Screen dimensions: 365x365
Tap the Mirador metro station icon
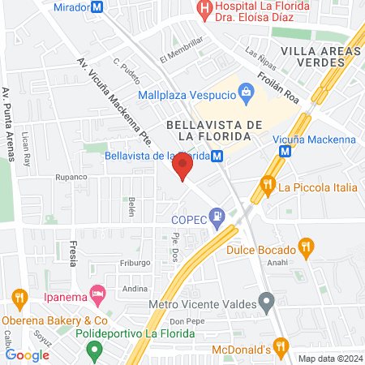[x=97, y=7]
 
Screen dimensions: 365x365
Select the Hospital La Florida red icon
[x=204, y=7]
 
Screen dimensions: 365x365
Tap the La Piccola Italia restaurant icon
[x=266, y=187]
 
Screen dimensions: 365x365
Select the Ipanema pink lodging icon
[x=97, y=293]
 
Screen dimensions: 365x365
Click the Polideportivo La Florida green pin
[x=94, y=351]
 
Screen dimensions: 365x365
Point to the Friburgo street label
[x=135, y=263]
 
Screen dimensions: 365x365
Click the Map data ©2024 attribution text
[x=330, y=359]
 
